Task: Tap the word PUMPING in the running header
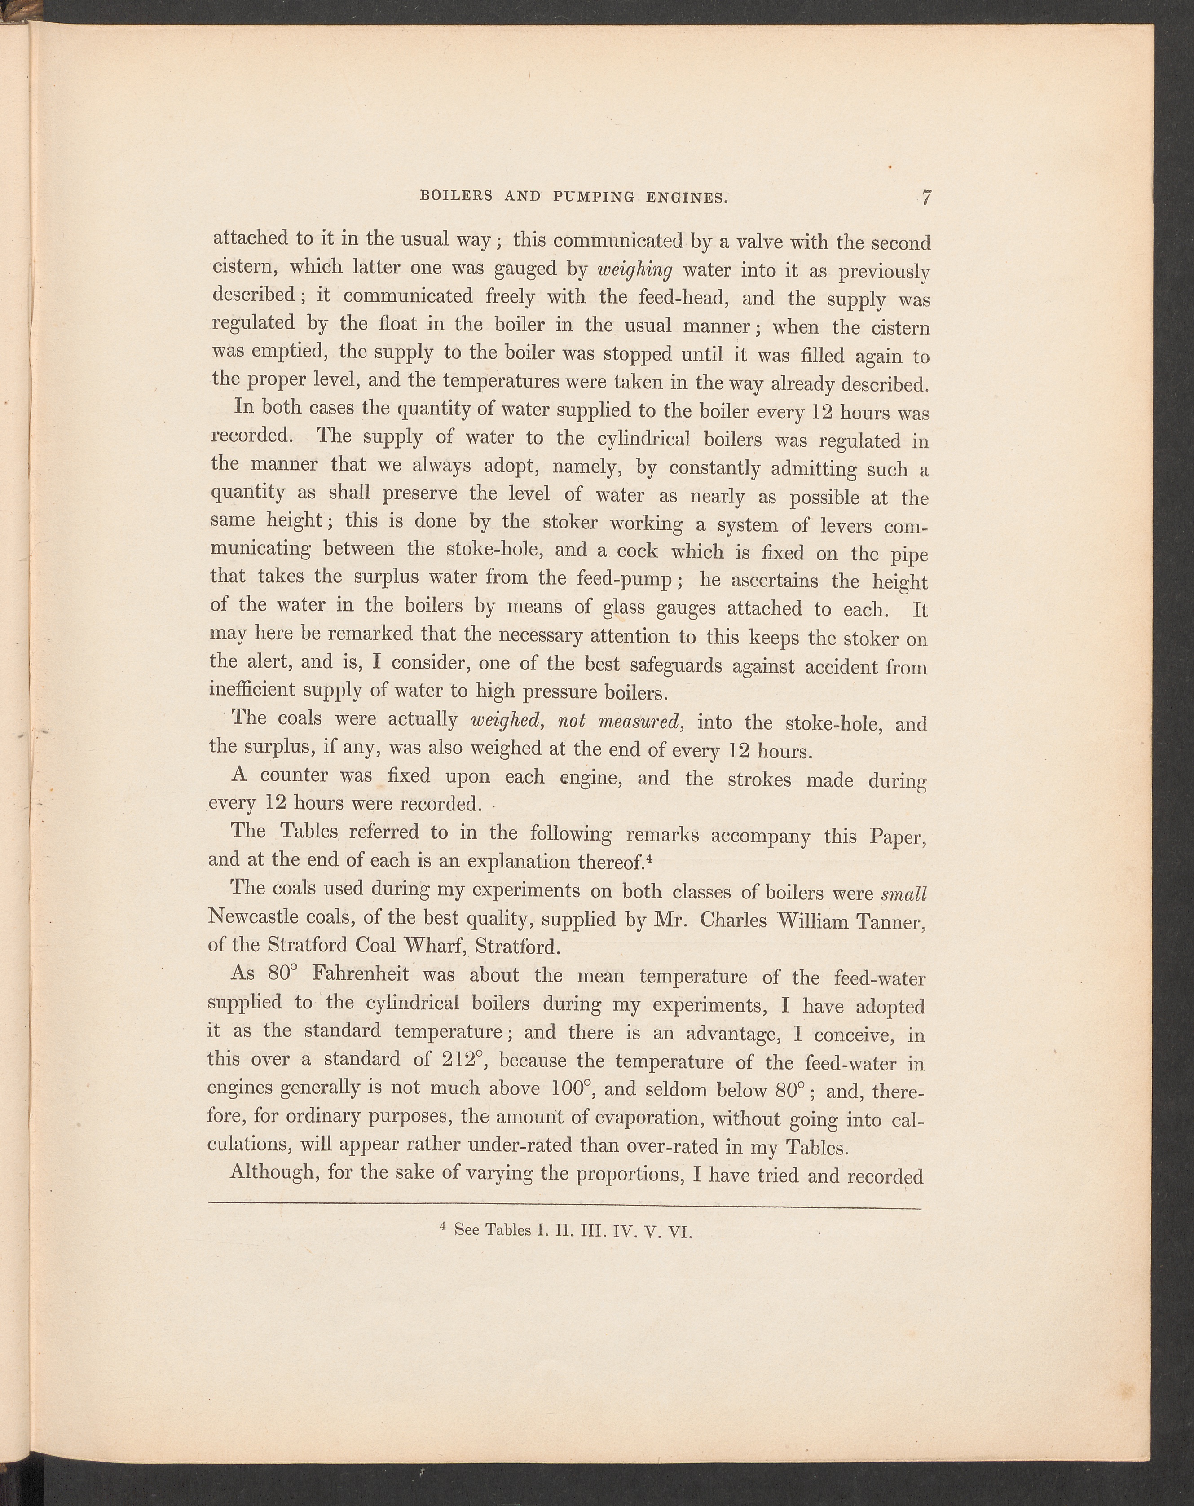click(x=592, y=197)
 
